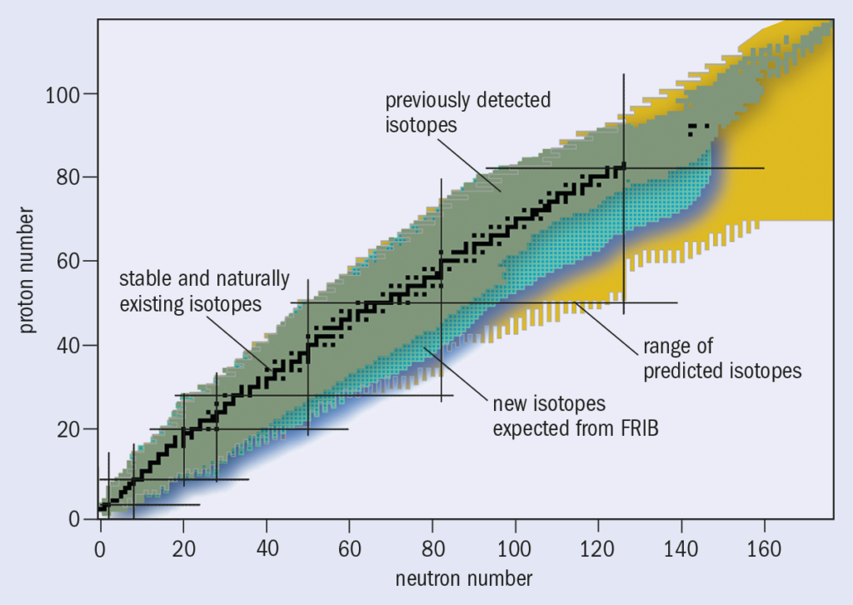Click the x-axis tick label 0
pos(100,549)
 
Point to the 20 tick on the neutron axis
pos(183,549)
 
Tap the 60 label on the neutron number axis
pos(349,549)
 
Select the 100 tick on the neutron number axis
pos(516,549)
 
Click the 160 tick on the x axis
pos(764,549)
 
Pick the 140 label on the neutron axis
pos(681,549)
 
